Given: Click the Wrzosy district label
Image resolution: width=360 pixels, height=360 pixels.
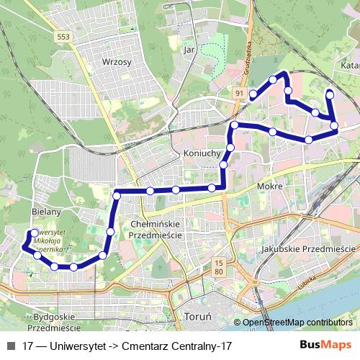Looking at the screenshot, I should tap(117, 63).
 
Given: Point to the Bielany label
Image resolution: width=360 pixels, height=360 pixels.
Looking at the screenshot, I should tap(46, 212).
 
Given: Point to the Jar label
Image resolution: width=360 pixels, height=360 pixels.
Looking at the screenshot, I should tap(190, 50).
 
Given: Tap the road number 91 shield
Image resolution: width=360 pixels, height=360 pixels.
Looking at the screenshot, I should tap(238, 92).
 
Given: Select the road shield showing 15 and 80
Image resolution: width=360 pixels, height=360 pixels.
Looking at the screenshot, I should tap(218, 267).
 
